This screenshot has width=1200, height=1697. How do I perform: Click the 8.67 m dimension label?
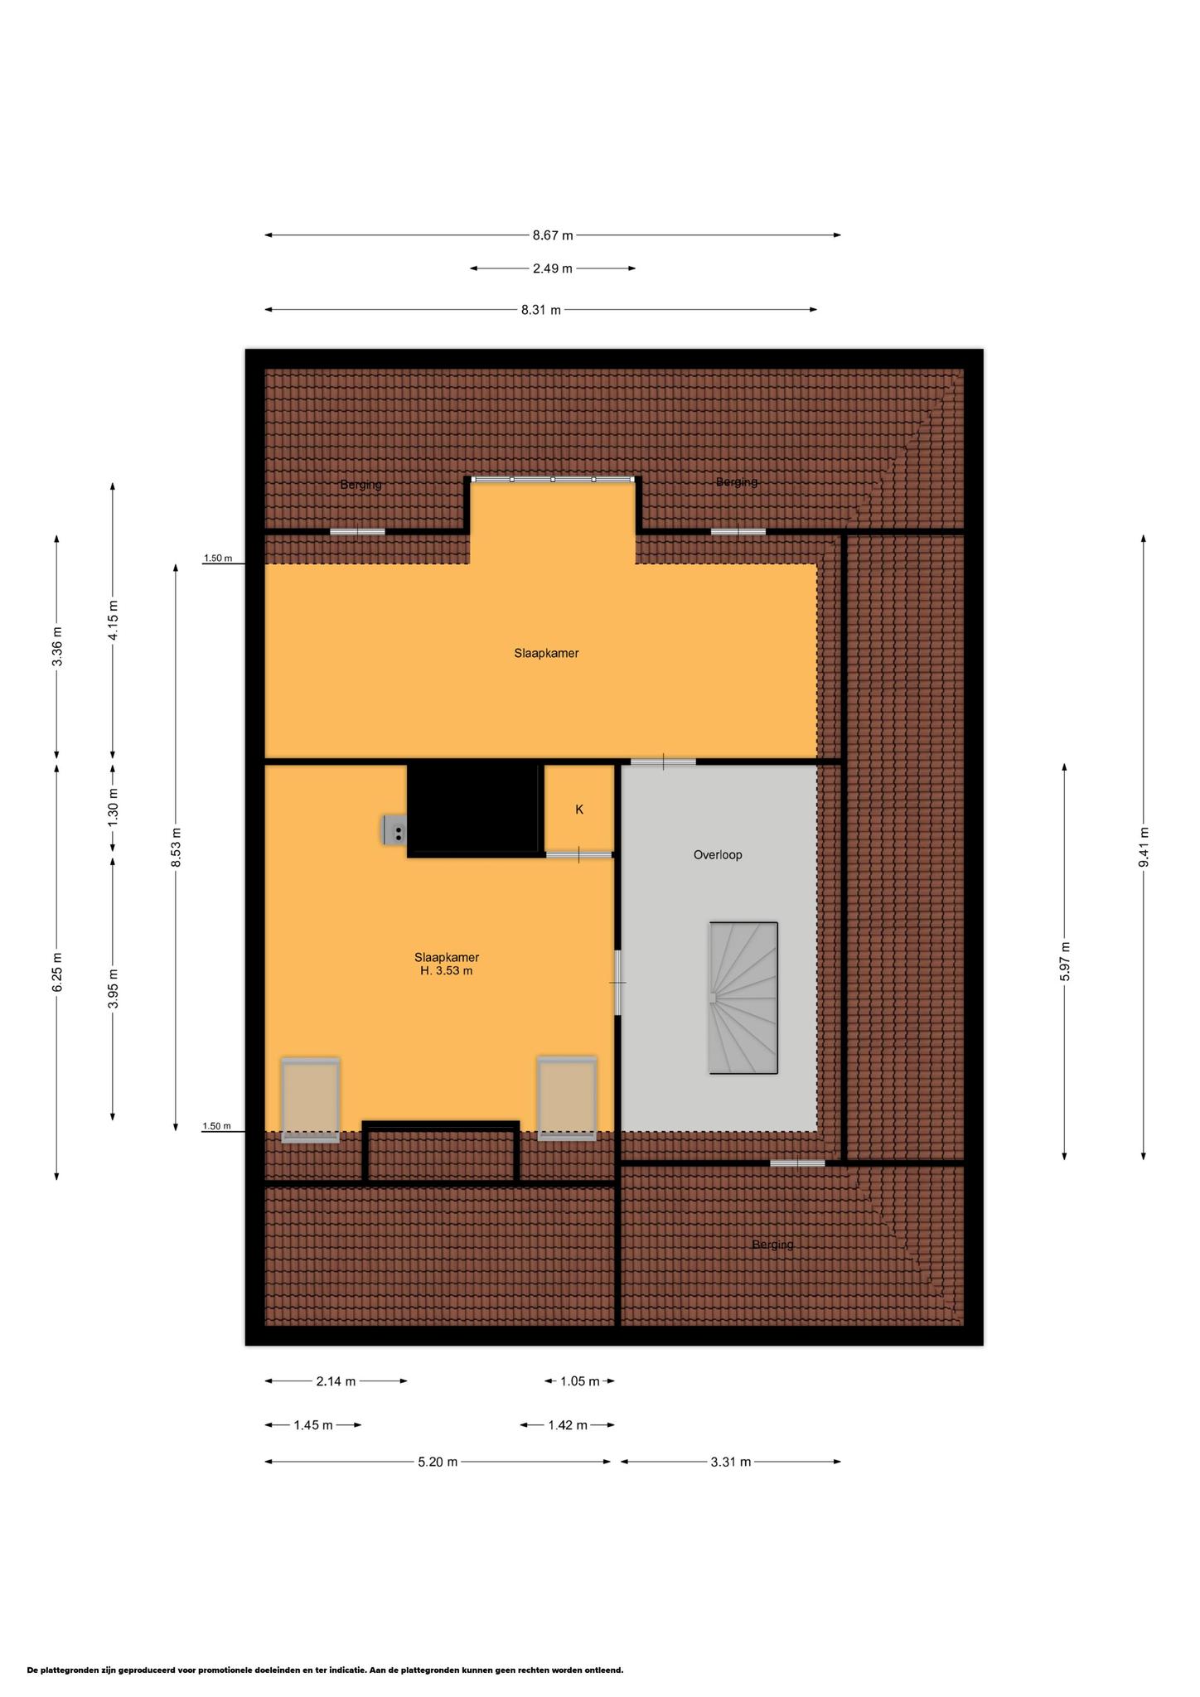click(x=553, y=235)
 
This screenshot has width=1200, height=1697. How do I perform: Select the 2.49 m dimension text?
click(x=553, y=268)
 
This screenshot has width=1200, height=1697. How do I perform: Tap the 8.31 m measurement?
click(x=540, y=310)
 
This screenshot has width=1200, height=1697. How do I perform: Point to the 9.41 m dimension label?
click(x=1144, y=847)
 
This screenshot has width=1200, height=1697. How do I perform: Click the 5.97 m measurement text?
click(x=1065, y=962)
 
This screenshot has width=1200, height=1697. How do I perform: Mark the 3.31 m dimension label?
click(x=730, y=1462)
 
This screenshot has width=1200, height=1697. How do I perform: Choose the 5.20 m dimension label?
click(x=438, y=1462)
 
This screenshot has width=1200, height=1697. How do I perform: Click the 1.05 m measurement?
click(x=580, y=1381)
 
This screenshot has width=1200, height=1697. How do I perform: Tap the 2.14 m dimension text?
click(x=336, y=1381)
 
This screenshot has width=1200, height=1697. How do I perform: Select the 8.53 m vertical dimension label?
click(x=176, y=847)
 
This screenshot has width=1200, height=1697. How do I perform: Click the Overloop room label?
click(x=718, y=854)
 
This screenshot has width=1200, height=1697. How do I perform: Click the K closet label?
click(x=579, y=810)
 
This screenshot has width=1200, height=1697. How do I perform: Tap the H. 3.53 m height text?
click(x=447, y=971)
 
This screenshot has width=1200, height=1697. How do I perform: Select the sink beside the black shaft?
click(x=394, y=830)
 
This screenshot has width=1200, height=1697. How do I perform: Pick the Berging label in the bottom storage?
click(x=772, y=1245)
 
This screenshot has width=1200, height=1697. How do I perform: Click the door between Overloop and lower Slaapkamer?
click(x=618, y=982)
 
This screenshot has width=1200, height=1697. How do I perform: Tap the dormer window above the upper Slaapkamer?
click(x=553, y=479)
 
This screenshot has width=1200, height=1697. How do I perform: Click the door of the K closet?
click(x=578, y=854)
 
